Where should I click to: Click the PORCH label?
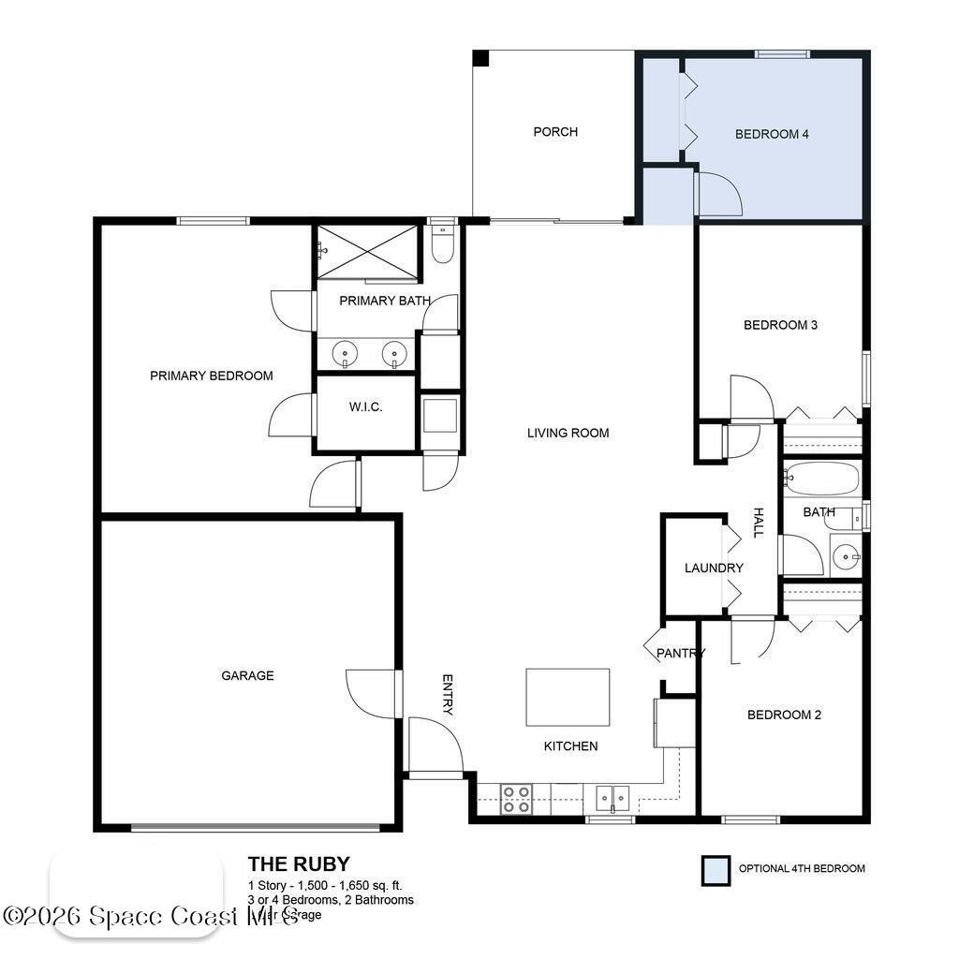pyautogui.click(x=555, y=132)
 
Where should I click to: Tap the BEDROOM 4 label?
pyautogui.click(x=772, y=134)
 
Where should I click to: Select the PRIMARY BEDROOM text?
pyautogui.click(x=212, y=376)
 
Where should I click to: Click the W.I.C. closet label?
pyautogui.click(x=365, y=407)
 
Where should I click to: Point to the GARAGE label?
pyautogui.click(x=247, y=675)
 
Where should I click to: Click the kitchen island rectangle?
pyautogui.click(x=568, y=697)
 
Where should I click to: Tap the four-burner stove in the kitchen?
pyautogui.click(x=516, y=799)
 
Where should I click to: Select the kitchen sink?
pyautogui.click(x=612, y=798)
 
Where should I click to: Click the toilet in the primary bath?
pyautogui.click(x=442, y=244)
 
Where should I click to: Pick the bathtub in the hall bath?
pyautogui.click(x=821, y=478)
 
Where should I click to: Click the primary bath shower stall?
pyautogui.click(x=366, y=251)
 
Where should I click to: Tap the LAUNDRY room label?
pyautogui.click(x=714, y=568)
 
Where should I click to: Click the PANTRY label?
pyautogui.click(x=680, y=653)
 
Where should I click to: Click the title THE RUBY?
pyautogui.click(x=299, y=863)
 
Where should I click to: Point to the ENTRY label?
pyautogui.click(x=448, y=694)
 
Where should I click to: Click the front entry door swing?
pyautogui.click(x=435, y=745)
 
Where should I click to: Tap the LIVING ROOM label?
pyautogui.click(x=568, y=433)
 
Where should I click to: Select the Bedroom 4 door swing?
pyautogui.click(x=718, y=194)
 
